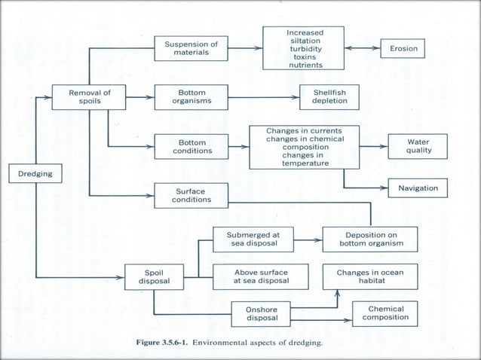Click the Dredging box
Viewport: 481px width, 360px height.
[x=30, y=173]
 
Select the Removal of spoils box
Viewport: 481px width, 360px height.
[x=90, y=97]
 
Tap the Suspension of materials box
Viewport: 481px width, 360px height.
[x=191, y=49]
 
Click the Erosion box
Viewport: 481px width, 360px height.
[x=403, y=49]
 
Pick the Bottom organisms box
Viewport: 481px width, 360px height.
[x=191, y=97]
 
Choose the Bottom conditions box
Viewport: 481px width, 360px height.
[x=191, y=146]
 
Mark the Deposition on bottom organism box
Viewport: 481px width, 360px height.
[x=370, y=239]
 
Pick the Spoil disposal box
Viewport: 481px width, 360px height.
[x=154, y=277]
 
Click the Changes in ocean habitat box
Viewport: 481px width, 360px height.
[x=370, y=276]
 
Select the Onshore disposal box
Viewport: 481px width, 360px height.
[x=262, y=314]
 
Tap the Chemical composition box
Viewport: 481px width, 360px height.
[x=385, y=313]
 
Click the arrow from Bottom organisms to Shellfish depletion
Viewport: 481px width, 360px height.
[x=260, y=97]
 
